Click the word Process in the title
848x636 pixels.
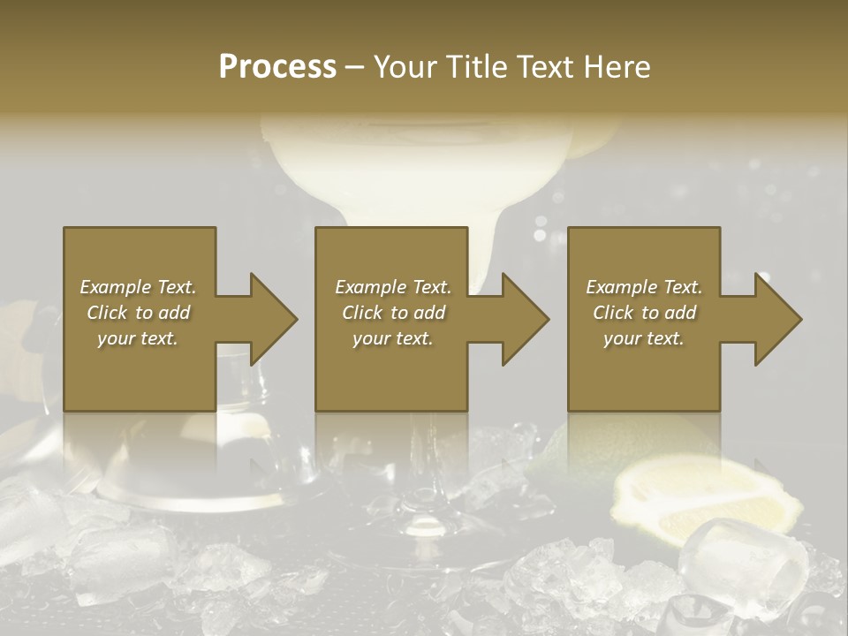(x=277, y=67)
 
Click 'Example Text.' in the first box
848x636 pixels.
(x=138, y=287)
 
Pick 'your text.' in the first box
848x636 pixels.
(x=138, y=338)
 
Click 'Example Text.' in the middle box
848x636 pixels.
(x=393, y=287)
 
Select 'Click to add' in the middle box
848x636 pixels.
(x=393, y=313)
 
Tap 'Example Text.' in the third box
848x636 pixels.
(x=644, y=287)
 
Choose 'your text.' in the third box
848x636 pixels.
(x=644, y=338)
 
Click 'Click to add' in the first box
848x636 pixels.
(x=138, y=313)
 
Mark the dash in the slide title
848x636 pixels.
(x=354, y=68)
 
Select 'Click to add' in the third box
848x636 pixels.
(x=644, y=313)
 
